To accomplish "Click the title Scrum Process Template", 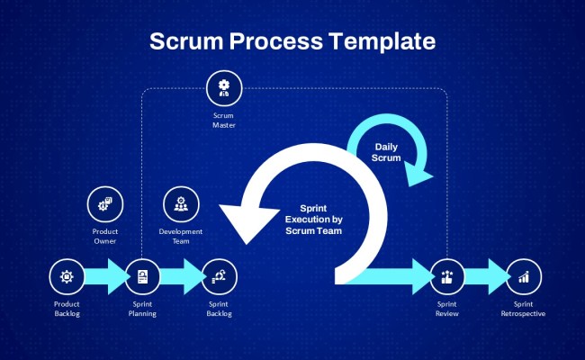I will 292,41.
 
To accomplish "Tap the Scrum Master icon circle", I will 223,88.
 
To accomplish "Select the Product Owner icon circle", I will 104,204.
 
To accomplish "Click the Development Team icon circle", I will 180,204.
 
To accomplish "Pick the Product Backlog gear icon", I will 66,277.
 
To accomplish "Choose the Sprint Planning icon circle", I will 142,277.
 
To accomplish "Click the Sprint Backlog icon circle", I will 219,277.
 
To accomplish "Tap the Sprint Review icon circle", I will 446,277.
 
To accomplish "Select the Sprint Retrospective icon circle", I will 523,277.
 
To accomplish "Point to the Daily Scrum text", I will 386,151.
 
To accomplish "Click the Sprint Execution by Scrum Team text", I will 313,219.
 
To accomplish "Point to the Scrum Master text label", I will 223,121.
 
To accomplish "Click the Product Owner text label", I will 104,236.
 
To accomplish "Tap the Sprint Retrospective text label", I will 523,309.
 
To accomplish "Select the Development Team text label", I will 180,236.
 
